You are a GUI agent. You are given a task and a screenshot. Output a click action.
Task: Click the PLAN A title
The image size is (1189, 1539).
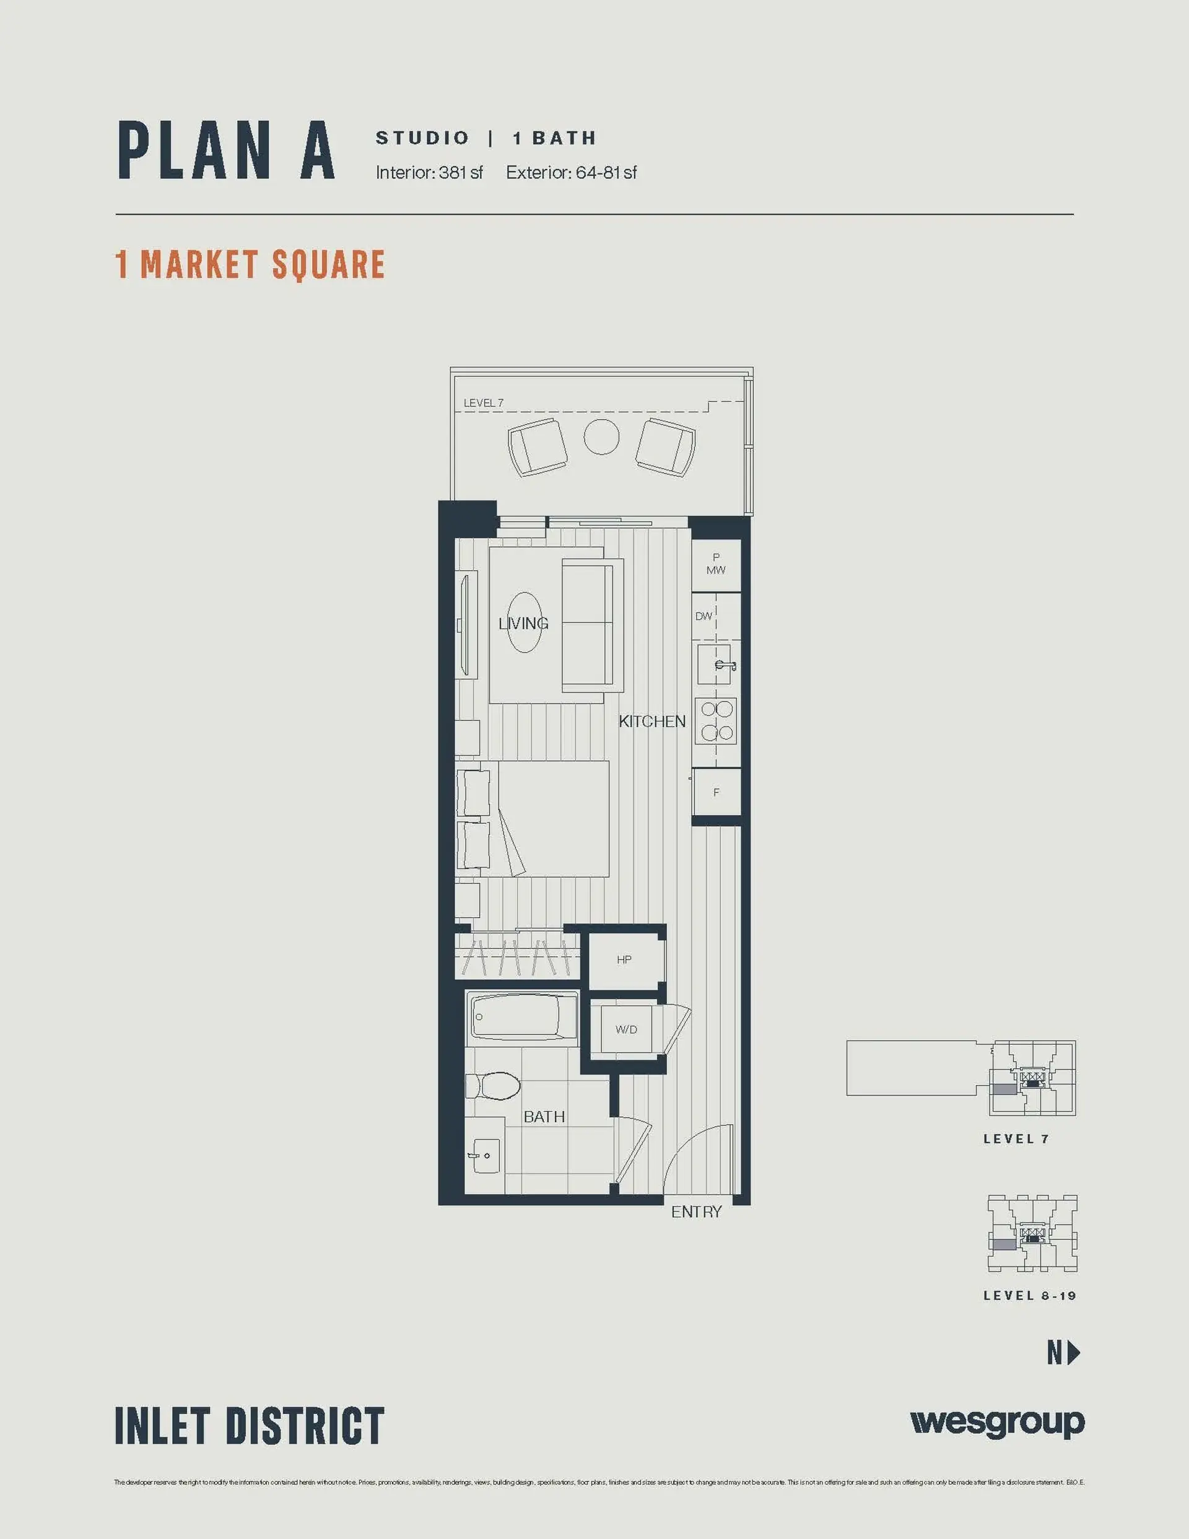(x=225, y=150)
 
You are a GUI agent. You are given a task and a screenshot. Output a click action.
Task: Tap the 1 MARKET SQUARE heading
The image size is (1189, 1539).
(x=250, y=264)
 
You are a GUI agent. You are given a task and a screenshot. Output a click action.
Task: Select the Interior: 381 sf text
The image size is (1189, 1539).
(x=429, y=173)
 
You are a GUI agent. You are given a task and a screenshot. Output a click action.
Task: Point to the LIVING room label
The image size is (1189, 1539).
(x=523, y=623)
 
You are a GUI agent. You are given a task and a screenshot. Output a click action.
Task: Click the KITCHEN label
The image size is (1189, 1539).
(x=652, y=721)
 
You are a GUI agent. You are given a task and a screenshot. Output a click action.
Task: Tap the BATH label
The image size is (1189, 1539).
(x=543, y=1116)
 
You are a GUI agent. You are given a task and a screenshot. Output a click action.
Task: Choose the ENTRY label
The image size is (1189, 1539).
(x=695, y=1211)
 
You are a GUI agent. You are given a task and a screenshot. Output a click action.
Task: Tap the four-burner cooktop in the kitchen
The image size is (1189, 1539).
(x=716, y=721)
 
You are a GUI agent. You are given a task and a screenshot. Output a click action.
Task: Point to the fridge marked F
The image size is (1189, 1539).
(x=716, y=793)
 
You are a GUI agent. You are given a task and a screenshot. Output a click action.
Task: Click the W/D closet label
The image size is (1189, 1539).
(x=626, y=1029)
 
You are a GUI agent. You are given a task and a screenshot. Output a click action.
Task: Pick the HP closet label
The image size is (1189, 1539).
(x=624, y=959)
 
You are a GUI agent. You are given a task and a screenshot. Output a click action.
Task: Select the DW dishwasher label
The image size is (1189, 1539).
(x=703, y=616)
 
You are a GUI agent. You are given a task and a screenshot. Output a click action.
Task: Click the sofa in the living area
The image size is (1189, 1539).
(x=592, y=624)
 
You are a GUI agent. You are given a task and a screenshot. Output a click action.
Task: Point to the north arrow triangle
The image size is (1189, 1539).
(x=1074, y=1352)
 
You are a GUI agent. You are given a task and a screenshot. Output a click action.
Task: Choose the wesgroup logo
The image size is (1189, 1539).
(x=996, y=1422)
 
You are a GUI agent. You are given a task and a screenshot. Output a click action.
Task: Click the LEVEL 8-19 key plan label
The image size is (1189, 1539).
(x=1029, y=1295)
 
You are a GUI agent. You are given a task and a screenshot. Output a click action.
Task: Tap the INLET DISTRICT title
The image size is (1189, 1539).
(x=250, y=1426)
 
